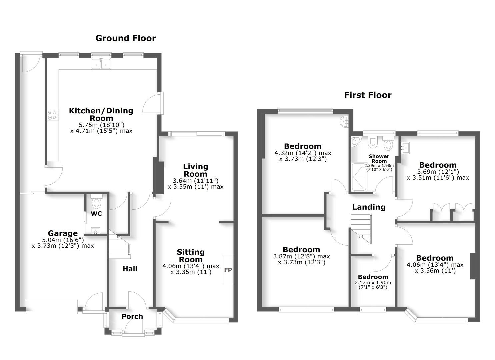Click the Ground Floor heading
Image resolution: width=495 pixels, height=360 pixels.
(126, 38)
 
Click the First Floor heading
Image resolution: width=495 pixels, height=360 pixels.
(368, 95)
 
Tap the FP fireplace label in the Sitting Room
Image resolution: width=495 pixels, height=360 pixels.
(228, 270)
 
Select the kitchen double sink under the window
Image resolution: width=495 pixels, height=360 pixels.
(101, 64)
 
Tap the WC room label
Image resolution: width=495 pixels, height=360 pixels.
(96, 214)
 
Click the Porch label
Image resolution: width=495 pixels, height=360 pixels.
(132, 317)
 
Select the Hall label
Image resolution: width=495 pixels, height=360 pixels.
(130, 269)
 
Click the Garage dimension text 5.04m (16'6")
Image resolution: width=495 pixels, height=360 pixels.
(63, 240)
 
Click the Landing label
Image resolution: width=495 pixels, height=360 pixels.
(369, 207)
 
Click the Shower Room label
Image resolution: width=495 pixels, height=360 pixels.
(379, 159)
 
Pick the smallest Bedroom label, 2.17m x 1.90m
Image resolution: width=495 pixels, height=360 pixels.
(373, 277)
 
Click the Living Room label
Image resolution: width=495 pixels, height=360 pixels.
(196, 170)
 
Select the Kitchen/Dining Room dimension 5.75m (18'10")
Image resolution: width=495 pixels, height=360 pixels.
(101, 125)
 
